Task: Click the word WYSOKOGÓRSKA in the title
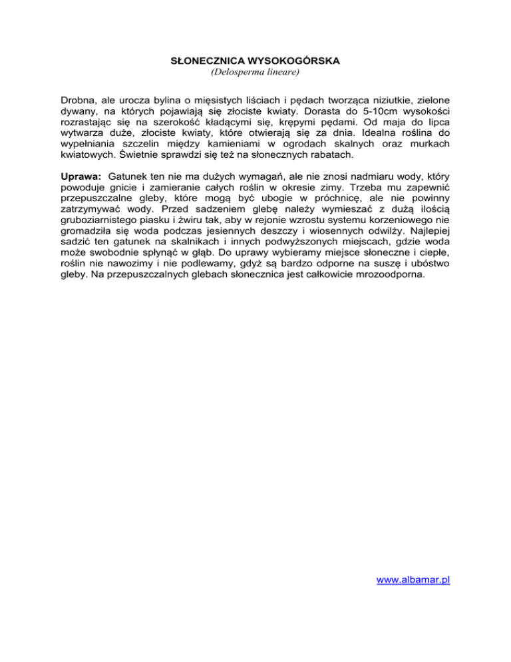pyautogui.click(x=293, y=61)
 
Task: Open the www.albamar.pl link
pyautogui.click(x=413, y=580)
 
